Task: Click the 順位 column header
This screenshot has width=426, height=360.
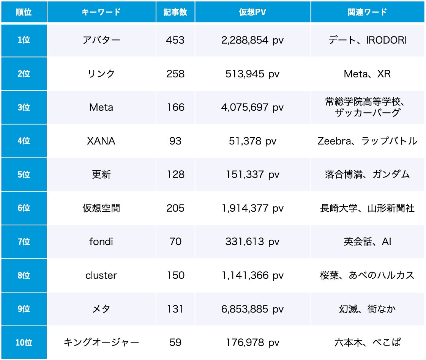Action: tap(24, 12)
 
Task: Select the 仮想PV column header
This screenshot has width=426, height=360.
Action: tap(252, 12)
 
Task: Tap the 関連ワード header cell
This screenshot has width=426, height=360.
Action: tap(367, 12)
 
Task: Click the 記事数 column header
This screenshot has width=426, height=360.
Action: tap(175, 12)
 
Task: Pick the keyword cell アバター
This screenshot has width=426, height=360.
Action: tap(101, 40)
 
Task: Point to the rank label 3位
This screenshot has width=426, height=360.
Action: tap(24, 107)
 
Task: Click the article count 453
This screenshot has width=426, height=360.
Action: tap(175, 40)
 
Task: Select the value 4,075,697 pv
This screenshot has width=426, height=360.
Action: tap(252, 107)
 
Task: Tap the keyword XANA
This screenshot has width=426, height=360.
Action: tap(101, 141)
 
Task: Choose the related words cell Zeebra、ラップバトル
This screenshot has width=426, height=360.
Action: tap(367, 141)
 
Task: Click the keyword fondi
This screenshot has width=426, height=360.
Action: tap(101, 242)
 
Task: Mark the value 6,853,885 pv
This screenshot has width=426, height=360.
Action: tap(252, 309)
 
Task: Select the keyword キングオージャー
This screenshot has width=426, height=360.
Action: tap(101, 343)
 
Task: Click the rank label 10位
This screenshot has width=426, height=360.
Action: tap(24, 343)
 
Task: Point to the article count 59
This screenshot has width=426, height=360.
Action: tap(175, 343)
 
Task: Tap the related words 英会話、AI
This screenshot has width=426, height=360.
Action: tap(367, 242)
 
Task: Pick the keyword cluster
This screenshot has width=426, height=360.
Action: tap(101, 275)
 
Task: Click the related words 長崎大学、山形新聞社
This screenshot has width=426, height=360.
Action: tap(367, 208)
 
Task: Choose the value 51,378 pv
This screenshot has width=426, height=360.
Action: tap(252, 141)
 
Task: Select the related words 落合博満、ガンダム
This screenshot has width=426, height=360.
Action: tap(367, 174)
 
